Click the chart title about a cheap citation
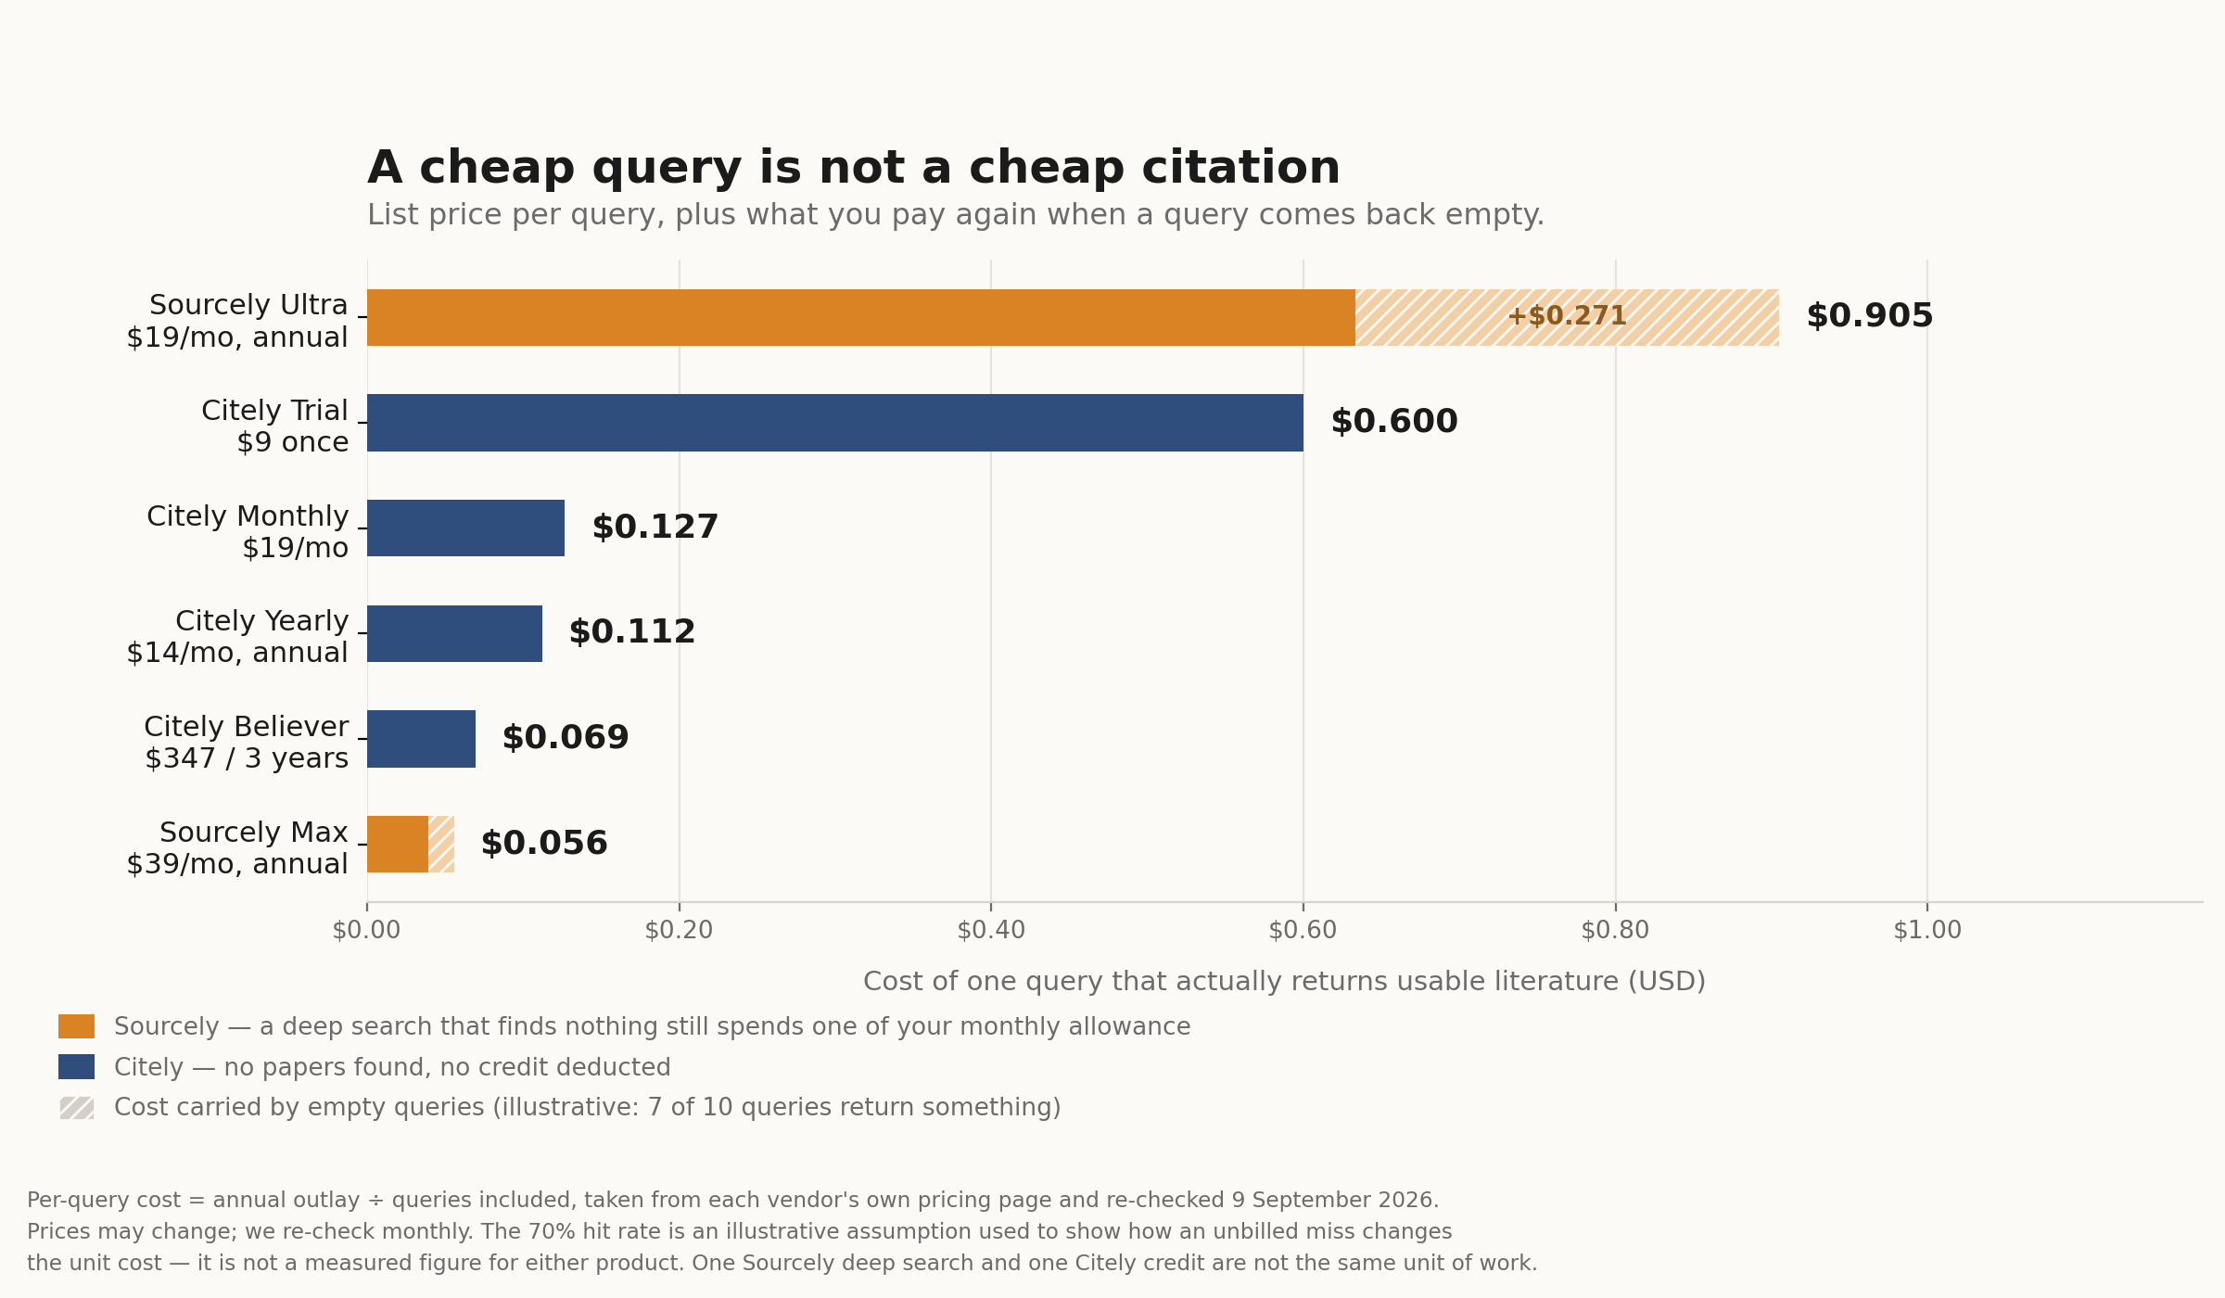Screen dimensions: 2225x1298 coord(854,168)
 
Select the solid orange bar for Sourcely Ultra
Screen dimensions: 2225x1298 coord(861,317)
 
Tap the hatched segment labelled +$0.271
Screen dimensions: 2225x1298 coord(1567,317)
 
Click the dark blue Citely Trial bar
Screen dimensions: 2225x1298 coord(835,423)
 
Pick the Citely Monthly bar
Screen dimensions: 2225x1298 coord(465,528)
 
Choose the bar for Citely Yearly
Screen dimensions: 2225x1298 coord(454,633)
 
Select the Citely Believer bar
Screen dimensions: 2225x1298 coord(421,739)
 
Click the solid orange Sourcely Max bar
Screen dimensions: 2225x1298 coord(398,845)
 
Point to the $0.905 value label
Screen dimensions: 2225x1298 coord(1869,316)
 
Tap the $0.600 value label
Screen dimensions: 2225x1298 coord(1394,422)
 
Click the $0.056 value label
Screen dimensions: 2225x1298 coord(544,844)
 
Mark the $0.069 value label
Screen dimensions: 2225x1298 coord(566,738)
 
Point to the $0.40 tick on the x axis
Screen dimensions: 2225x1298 coord(991,930)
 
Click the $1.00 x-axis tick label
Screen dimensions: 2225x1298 coord(1927,930)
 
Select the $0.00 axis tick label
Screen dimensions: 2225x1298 coord(366,930)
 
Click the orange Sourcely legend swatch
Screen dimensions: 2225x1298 coord(76,1026)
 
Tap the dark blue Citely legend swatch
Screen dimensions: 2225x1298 coord(76,1067)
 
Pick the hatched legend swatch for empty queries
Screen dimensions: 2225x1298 coord(76,1108)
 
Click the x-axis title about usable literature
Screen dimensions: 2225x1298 coord(1284,982)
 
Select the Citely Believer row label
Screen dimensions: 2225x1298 coord(247,743)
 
